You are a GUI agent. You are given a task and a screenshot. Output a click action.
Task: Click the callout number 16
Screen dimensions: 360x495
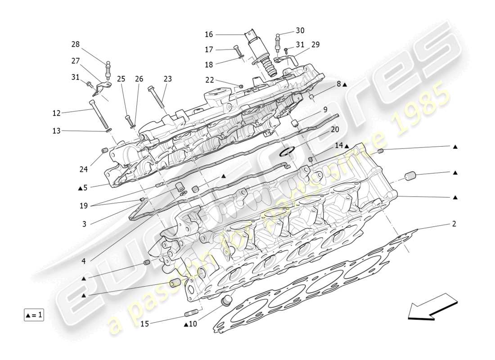coord(208,34)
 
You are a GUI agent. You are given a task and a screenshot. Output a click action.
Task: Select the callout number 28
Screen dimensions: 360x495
coord(75,44)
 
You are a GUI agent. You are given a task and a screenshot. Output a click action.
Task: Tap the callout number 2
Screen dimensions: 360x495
coord(454,224)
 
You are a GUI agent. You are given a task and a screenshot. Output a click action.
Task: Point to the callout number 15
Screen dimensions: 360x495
coord(144,323)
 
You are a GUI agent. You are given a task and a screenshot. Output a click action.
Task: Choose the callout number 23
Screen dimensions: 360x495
coord(168,79)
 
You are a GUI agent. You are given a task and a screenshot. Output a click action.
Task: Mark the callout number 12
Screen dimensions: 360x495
coord(56,113)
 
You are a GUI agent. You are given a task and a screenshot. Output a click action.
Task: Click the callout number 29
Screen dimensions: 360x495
coord(315,45)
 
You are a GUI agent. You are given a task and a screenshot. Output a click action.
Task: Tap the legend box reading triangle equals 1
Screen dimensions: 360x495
coord(34,315)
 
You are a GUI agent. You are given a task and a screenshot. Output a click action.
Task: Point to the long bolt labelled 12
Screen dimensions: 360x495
coord(100,115)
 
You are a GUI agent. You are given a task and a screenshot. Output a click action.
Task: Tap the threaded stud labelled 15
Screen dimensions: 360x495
coord(192,314)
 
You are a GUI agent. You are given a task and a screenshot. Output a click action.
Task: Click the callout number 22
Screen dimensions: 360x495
coord(209,80)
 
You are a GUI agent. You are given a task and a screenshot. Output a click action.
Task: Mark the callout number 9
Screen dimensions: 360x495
coord(324,109)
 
